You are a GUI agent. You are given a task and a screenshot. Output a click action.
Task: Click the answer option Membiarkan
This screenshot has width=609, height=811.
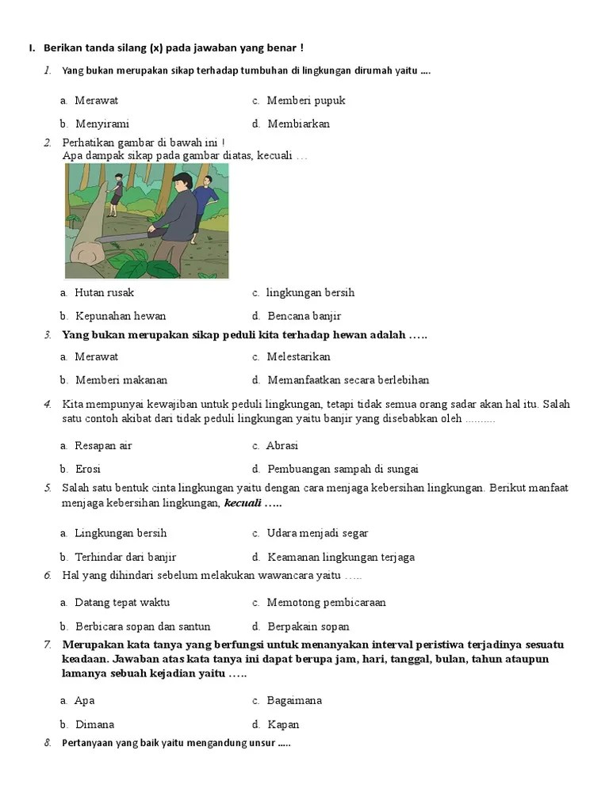(298, 124)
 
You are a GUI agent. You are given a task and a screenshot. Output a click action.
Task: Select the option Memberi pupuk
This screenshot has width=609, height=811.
(305, 101)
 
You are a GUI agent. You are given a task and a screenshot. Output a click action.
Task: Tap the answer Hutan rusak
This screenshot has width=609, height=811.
(104, 292)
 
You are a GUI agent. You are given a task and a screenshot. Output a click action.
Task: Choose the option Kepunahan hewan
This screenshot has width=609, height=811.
(121, 316)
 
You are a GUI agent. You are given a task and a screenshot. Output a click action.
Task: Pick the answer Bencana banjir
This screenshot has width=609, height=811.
(304, 316)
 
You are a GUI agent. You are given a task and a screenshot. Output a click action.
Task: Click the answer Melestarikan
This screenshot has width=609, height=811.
(298, 357)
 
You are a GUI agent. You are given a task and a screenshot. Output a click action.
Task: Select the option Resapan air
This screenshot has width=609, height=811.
(103, 446)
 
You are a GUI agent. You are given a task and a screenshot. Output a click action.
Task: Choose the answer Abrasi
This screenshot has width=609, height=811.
(282, 446)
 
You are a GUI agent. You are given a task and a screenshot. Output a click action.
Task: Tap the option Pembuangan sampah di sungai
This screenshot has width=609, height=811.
(343, 469)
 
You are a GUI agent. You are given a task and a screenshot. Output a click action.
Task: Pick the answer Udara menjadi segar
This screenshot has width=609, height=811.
(317, 533)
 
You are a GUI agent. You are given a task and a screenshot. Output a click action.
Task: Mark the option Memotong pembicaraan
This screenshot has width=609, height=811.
(326, 603)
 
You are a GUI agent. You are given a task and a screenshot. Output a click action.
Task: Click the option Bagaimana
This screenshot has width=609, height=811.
(294, 701)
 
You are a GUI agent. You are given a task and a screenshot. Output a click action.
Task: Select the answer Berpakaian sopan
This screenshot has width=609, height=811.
(308, 626)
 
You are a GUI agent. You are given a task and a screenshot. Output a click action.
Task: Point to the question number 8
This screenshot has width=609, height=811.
(48, 743)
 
